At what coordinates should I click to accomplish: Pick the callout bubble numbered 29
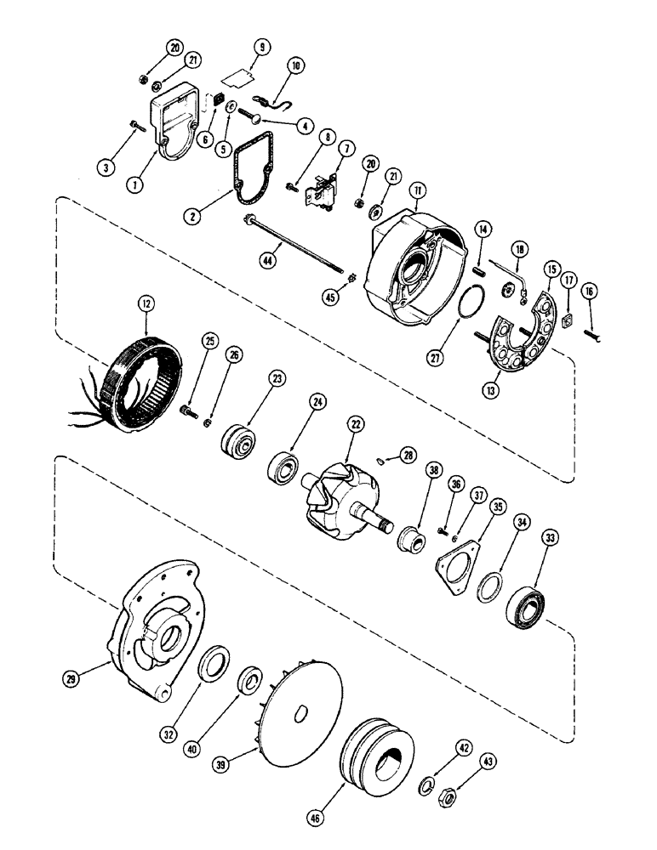72,677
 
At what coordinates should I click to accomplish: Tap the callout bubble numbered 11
417,190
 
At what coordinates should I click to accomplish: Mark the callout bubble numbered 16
588,292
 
